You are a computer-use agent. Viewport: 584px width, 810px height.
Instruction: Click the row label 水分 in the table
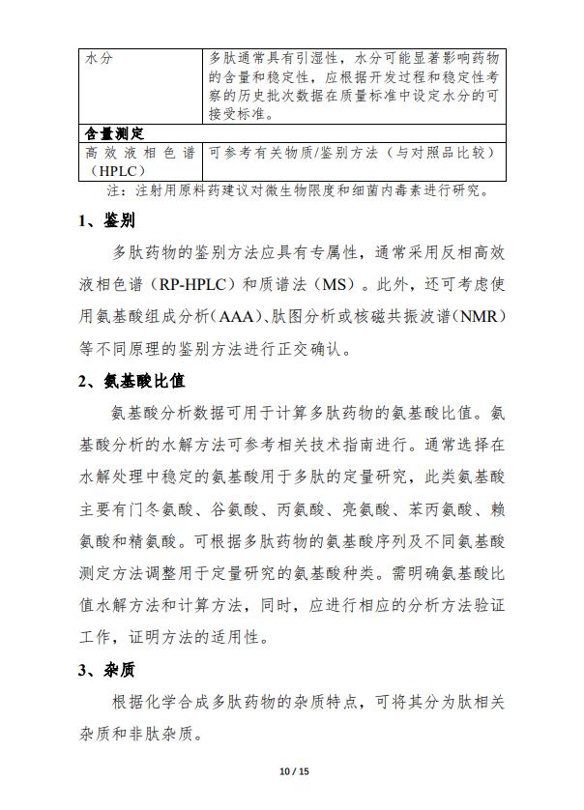(x=99, y=58)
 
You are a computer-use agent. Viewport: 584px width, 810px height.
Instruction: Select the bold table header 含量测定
(x=115, y=133)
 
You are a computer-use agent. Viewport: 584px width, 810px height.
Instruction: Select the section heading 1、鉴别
(x=106, y=220)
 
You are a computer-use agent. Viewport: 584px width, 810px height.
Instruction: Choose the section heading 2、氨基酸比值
(x=131, y=380)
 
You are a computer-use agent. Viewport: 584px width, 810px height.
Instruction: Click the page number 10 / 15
(x=292, y=771)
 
